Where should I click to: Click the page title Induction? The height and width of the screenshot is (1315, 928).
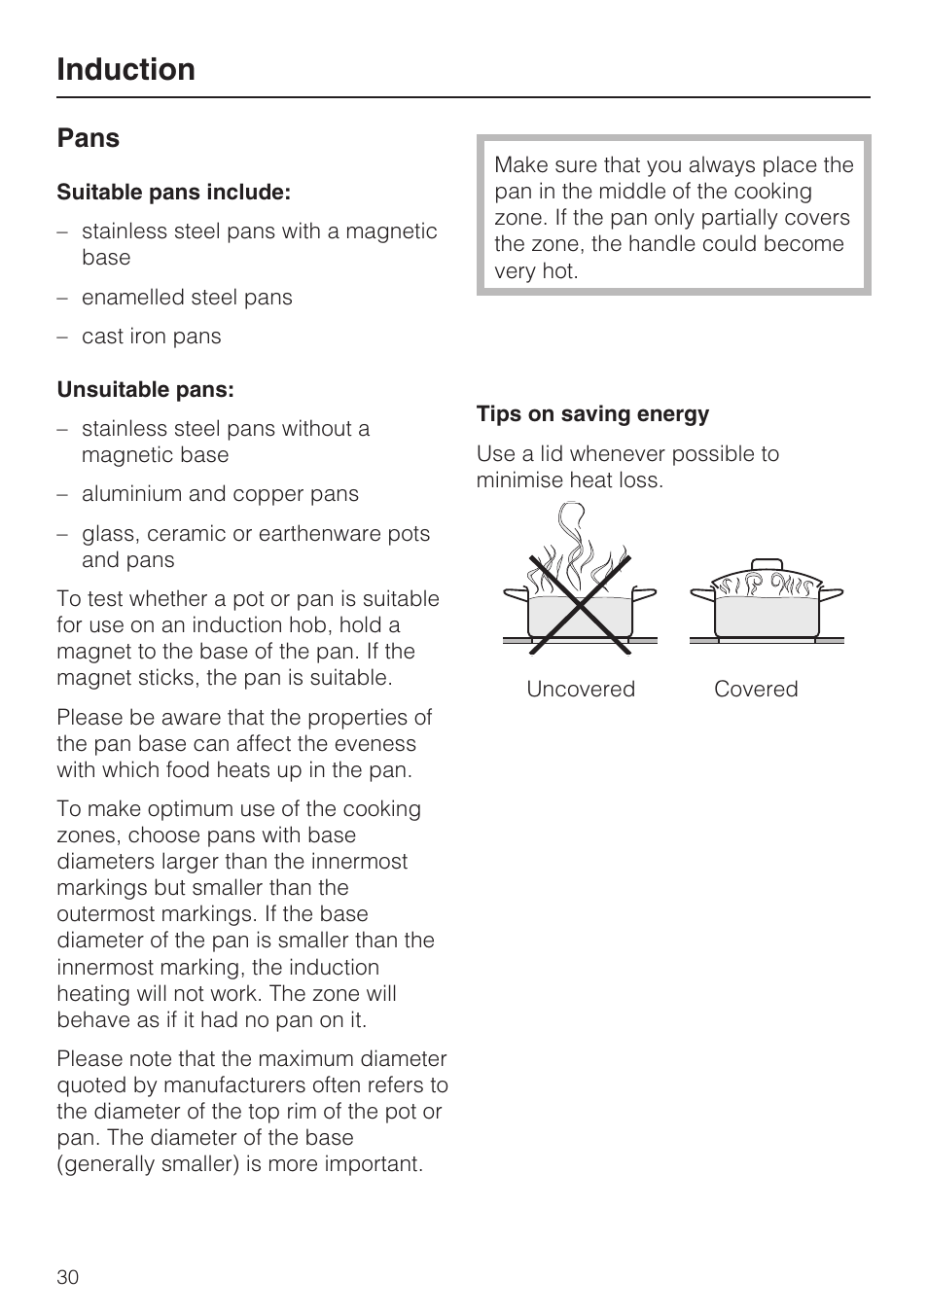(x=125, y=69)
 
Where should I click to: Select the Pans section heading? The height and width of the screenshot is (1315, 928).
(x=88, y=138)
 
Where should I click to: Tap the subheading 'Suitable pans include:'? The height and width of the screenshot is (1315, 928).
(x=173, y=193)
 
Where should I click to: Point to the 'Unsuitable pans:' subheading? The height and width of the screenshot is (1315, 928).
(x=145, y=390)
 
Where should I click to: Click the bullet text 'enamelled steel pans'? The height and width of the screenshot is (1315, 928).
(x=187, y=298)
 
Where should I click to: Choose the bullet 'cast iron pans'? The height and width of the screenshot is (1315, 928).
(x=151, y=337)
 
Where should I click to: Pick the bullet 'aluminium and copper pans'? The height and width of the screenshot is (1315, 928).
(x=220, y=494)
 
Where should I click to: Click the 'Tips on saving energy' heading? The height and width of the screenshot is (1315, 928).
(x=592, y=414)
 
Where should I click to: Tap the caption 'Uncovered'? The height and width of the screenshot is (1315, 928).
(x=581, y=689)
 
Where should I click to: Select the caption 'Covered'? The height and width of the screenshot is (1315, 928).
(x=756, y=689)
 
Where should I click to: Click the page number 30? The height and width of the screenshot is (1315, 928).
(x=68, y=1277)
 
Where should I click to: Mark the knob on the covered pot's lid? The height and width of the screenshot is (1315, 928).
(x=767, y=565)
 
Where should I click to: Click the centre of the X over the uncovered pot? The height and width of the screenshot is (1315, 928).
(x=581, y=603)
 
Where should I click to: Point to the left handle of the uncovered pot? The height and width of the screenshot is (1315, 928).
(x=515, y=592)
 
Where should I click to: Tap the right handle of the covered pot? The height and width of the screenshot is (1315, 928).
(x=832, y=593)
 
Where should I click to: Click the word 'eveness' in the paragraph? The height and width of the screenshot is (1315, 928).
(x=376, y=744)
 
